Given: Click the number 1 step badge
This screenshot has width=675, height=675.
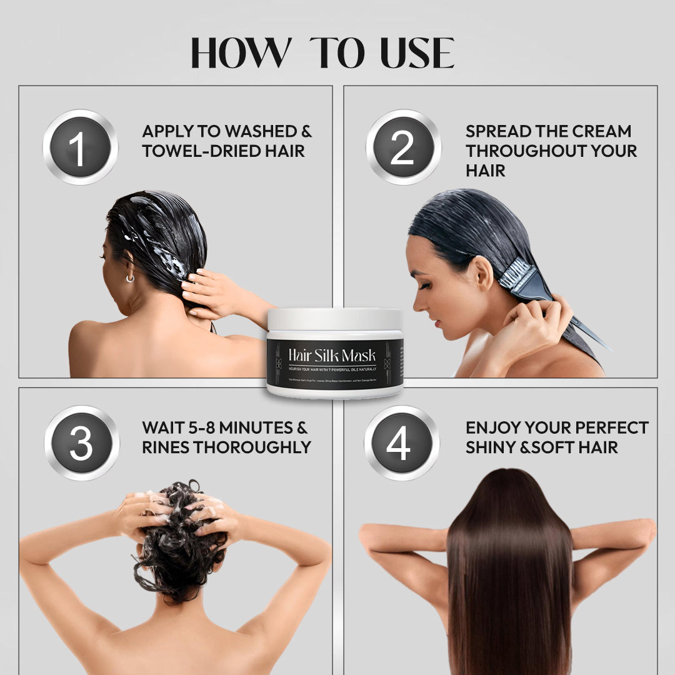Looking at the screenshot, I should pos(80,147).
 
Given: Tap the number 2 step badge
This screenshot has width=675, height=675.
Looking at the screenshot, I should pos(403,147).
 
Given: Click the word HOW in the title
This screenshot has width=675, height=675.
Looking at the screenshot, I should pos(241,54).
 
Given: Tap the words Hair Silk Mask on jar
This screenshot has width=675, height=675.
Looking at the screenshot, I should pos(332,355).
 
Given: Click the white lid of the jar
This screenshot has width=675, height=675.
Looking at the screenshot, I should pos(334,319).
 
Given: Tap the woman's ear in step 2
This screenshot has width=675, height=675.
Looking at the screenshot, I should pos(479,273).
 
